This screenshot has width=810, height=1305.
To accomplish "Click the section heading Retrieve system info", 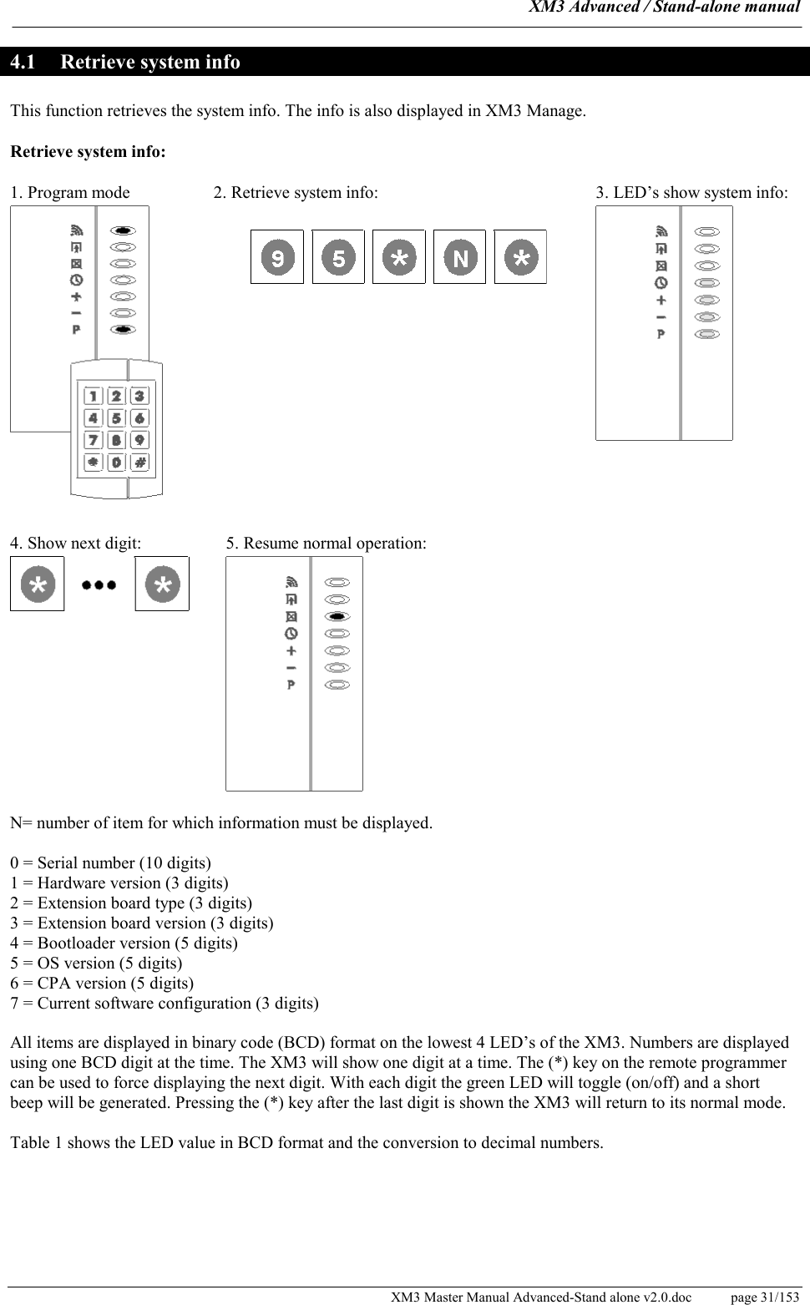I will click(150, 63).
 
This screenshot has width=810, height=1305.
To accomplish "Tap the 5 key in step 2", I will click(338, 257).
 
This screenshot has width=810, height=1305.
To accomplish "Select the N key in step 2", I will click(459, 257).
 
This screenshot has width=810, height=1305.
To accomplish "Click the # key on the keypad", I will click(139, 462).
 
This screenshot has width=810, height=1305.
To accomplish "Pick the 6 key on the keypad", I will click(139, 418).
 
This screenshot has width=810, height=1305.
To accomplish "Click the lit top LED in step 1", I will click(123, 230).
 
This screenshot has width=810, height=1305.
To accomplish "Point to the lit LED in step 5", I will click(337, 616).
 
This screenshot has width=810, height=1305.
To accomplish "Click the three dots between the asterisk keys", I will click(99, 585).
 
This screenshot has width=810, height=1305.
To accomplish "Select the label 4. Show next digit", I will click(76, 544).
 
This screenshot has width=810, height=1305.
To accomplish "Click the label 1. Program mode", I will click(70, 193).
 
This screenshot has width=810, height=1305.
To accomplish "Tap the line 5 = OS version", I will click(96, 963).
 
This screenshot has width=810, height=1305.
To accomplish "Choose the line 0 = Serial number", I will click(110, 862).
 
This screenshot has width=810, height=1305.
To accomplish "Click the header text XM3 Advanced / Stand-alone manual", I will click(665, 8).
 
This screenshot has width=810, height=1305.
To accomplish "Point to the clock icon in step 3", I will click(661, 282).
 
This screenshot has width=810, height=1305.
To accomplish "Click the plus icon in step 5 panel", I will click(291, 650).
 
